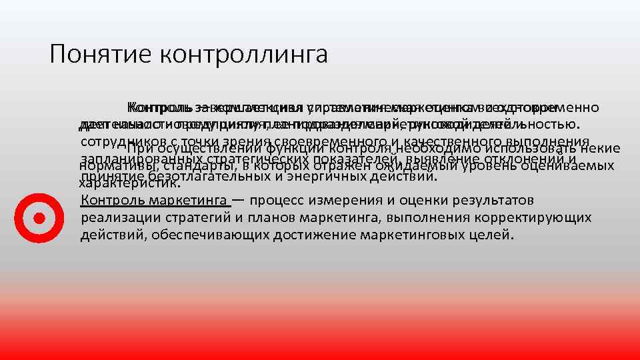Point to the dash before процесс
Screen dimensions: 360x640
coord(238,201)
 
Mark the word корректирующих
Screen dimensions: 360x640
coord(538,217)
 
